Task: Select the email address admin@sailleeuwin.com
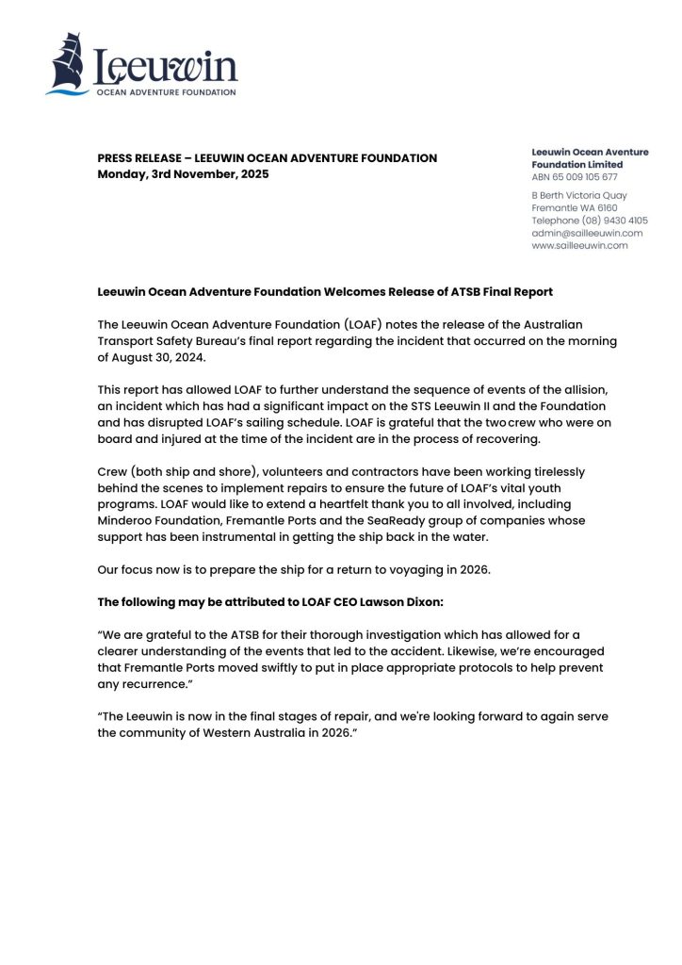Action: [587, 233]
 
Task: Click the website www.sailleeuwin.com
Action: [579, 245]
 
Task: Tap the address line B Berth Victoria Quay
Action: [579, 195]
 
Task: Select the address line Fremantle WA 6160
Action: [575, 207]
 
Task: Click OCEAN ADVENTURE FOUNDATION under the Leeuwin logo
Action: [165, 92]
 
